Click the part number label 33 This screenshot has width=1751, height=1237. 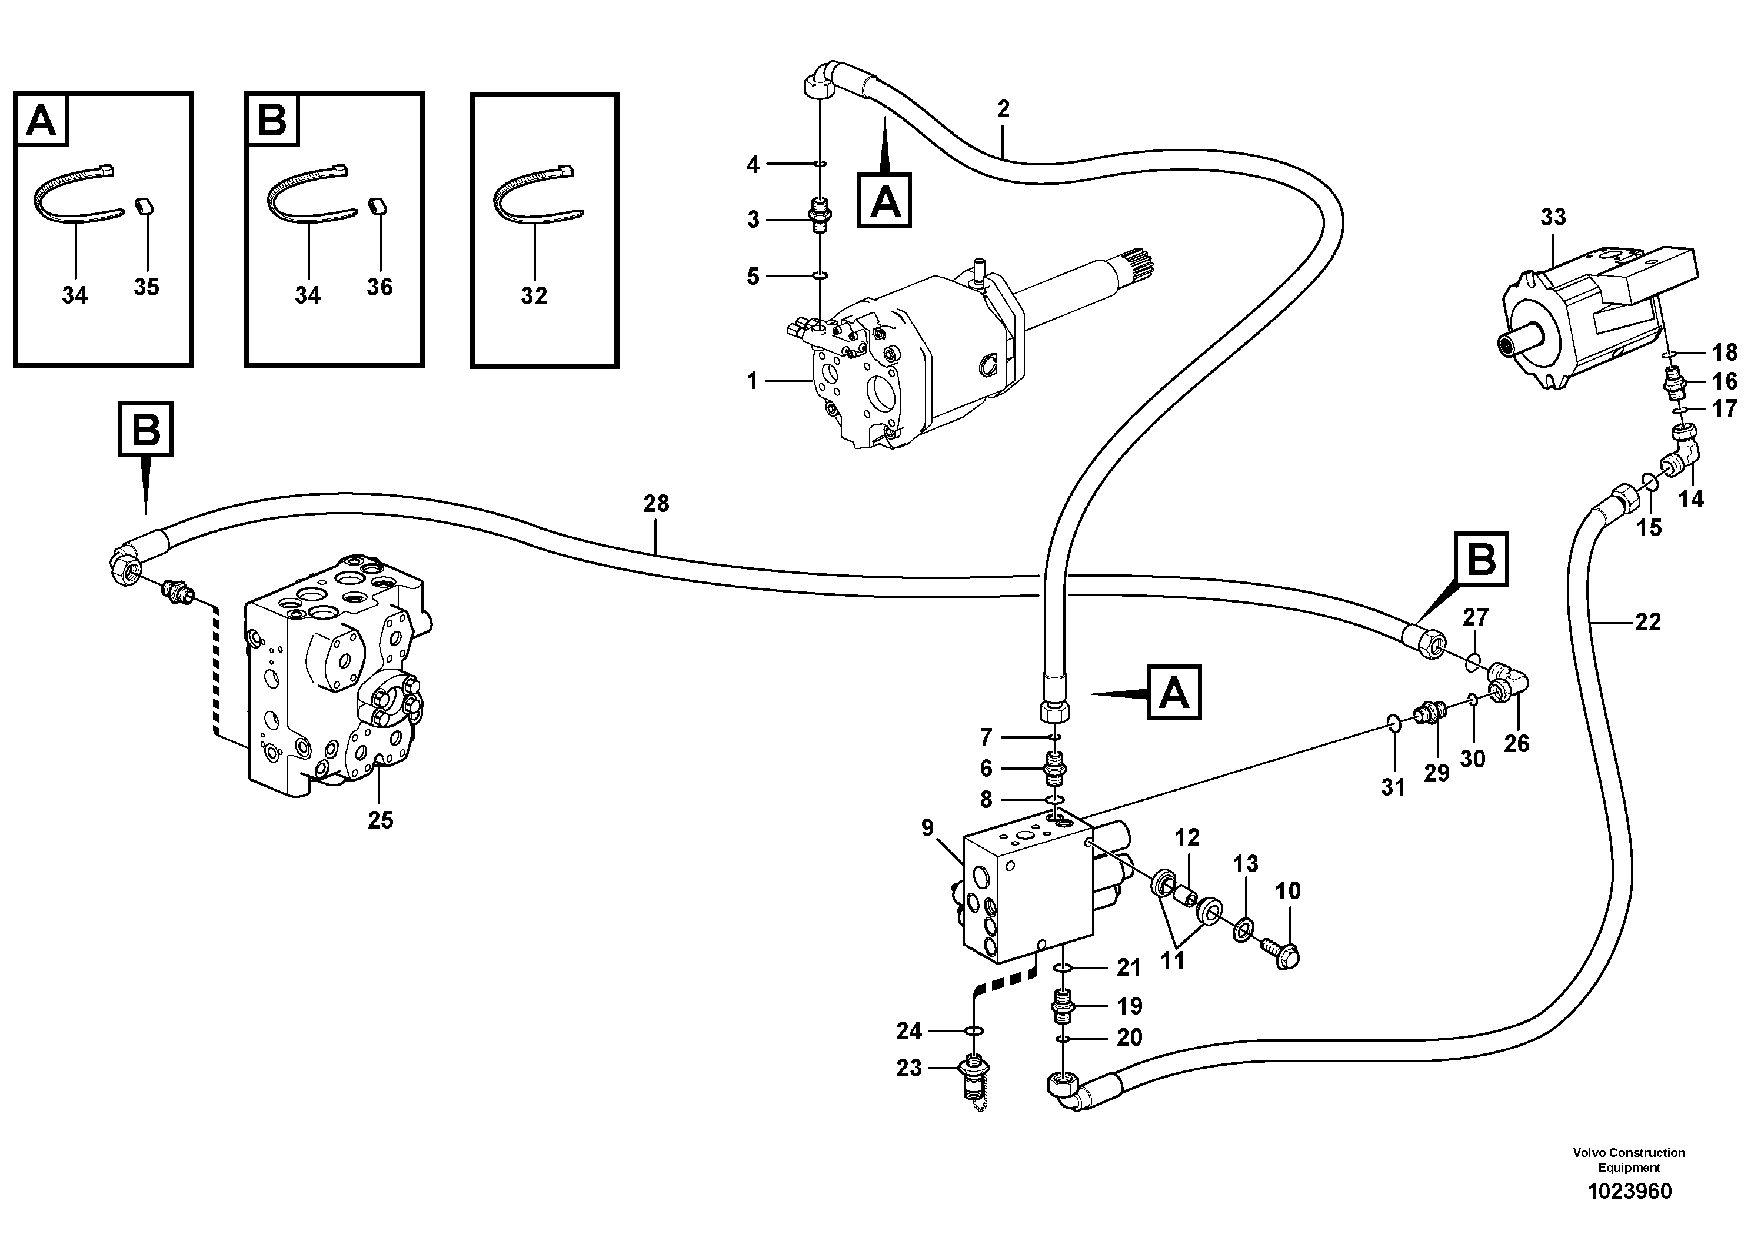pyautogui.click(x=1553, y=217)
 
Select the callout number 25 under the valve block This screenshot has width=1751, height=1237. pyautogui.click(x=381, y=820)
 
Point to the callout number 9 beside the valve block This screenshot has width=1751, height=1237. pyautogui.click(x=927, y=828)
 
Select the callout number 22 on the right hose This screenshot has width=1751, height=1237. pyautogui.click(x=1647, y=622)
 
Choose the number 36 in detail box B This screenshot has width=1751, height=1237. pyautogui.click(x=379, y=287)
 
